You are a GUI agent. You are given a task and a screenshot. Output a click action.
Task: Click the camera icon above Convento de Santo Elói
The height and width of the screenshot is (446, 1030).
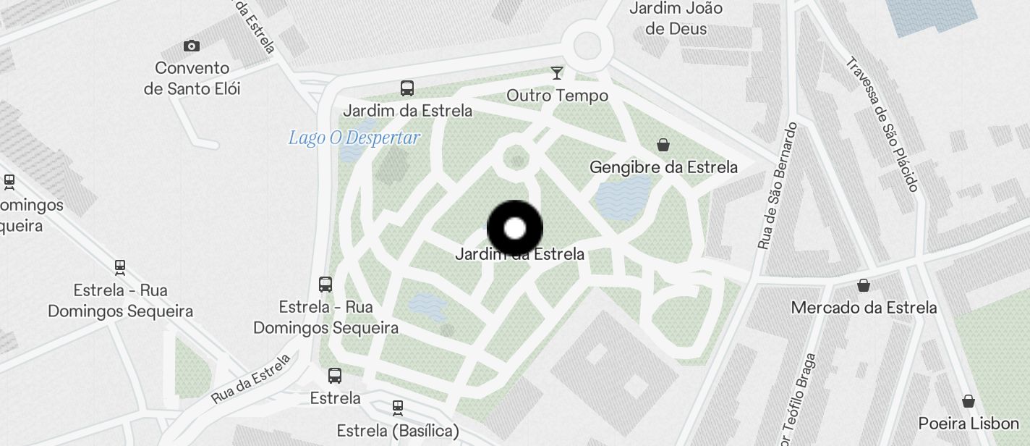coord(192,46)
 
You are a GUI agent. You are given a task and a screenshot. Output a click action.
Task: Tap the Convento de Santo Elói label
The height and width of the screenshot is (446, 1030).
coord(192,78)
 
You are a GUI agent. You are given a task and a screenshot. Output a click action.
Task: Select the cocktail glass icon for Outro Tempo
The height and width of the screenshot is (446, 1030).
coord(557,73)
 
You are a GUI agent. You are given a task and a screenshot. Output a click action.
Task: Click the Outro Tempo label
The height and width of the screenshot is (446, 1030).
coord(557,96)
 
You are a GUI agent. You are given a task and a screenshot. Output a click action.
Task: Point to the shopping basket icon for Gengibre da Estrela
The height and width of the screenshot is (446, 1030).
coord(663,146)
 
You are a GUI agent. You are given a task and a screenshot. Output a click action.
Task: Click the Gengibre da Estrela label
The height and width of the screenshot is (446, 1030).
coord(663,167)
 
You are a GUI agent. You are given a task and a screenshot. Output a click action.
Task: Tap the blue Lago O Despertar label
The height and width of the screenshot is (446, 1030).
coord(354,138)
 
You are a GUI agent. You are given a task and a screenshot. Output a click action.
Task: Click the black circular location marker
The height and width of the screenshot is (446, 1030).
coord(515,229)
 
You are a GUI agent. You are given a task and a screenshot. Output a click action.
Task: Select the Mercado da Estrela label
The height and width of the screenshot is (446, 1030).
coord(864,307)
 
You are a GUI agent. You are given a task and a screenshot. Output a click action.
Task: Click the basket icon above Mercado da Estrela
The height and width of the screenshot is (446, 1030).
coord(863,285)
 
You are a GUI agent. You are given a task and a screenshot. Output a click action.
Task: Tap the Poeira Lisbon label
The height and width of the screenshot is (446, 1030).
coord(969,424)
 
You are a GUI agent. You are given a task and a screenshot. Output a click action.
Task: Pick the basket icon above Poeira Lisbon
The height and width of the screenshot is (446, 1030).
coord(969,402)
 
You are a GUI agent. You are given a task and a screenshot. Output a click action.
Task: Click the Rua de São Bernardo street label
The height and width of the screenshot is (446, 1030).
coord(778,186)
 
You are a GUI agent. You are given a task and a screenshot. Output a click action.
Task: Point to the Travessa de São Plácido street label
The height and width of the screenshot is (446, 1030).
coord(881,125)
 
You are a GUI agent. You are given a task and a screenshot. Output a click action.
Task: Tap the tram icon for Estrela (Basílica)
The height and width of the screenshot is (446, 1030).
coord(397,408)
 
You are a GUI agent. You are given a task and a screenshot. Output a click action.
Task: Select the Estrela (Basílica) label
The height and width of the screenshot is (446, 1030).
coord(398,431)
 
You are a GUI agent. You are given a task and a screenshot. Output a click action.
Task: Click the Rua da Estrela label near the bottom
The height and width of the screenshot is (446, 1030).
coord(251,378)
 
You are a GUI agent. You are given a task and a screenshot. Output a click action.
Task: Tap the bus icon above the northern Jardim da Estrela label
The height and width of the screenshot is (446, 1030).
coord(407,89)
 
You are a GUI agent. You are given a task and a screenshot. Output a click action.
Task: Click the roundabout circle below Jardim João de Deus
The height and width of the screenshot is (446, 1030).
coord(587,46)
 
